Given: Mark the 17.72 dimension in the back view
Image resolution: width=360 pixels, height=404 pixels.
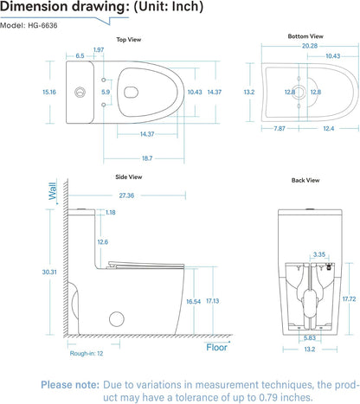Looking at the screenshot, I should [x=349, y=298].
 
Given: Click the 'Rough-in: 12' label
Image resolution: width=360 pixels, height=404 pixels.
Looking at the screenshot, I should [x=87, y=353].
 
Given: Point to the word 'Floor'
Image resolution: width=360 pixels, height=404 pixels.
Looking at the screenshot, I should [x=216, y=348].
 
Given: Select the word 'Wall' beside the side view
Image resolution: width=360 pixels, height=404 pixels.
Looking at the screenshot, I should [x=52, y=190].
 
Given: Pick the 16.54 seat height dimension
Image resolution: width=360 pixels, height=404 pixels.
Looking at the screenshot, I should [x=193, y=301].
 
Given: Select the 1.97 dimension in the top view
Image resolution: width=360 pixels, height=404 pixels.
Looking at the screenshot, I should [x=98, y=49].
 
